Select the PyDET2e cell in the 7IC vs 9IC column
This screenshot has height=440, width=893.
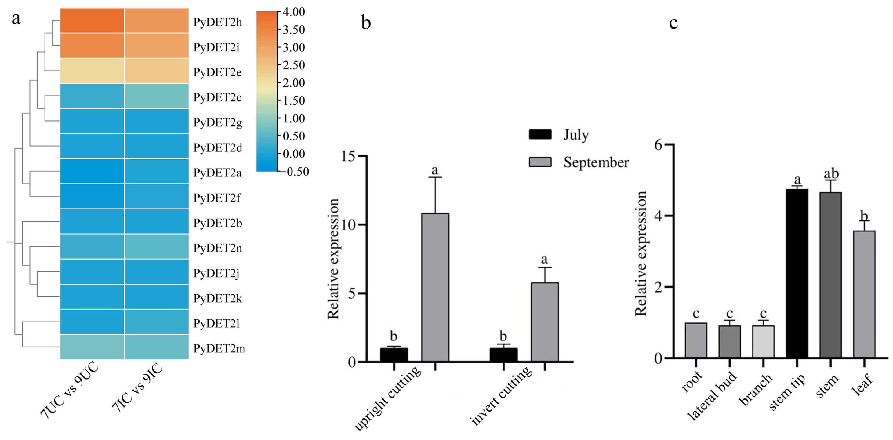click(x=156, y=71)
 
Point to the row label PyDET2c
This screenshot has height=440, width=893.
click(x=217, y=97)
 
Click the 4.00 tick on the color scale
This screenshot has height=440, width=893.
click(x=293, y=12)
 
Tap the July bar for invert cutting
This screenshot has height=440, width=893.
click(x=503, y=355)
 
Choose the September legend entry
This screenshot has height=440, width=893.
click(x=579, y=162)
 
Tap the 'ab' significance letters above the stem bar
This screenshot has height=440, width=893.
click(x=831, y=173)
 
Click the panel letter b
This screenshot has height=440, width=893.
click(x=366, y=23)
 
